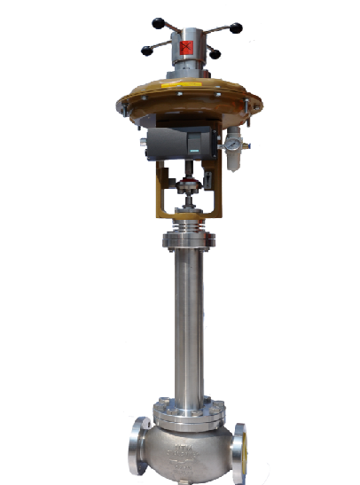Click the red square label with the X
pos(186,47)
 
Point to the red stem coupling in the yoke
pos(187,187)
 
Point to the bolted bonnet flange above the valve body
pos(187,409)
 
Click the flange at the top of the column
pos(187,237)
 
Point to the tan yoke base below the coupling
pos(187,213)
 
